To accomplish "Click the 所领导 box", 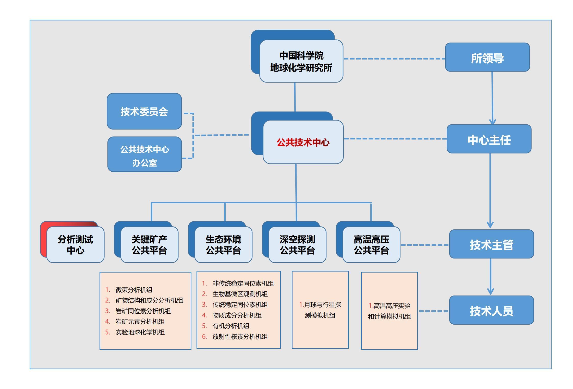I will pos(487,57).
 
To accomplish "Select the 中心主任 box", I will pos(489,139).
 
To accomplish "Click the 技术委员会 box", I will pos(144,111).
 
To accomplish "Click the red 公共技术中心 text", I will pos(303,143).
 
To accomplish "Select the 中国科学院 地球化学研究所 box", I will pos(301,61).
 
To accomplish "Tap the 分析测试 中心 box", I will pos(75,244).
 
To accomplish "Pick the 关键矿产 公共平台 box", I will pos(149,244).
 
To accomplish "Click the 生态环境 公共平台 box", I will pos(223,244).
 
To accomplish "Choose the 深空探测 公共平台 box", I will pos(297,244).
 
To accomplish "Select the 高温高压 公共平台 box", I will pos(371,244).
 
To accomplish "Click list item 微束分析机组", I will pos(134,290).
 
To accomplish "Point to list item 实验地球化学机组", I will pos(140,332).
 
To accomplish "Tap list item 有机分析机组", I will pos(231,326).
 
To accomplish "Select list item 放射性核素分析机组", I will pos(240,336).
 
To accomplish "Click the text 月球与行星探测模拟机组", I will pos(320,310).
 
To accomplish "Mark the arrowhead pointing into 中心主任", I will pos(493,122).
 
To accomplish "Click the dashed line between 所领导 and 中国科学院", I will pos(394,59).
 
